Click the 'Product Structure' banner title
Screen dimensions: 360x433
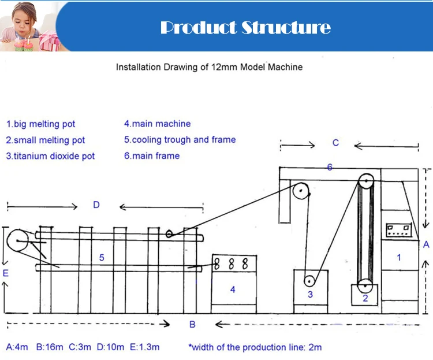click(245, 27)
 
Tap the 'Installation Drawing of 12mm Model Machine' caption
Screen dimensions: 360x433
click(209, 67)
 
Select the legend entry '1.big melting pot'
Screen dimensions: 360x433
click(41, 124)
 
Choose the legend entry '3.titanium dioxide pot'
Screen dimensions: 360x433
click(51, 156)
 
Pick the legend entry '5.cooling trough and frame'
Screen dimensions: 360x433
click(180, 140)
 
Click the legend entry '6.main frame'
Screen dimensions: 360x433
click(152, 156)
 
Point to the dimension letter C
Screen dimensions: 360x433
click(335, 143)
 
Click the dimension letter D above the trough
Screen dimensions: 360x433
click(96, 205)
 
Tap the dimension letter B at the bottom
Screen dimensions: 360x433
click(192, 325)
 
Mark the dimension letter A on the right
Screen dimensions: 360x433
click(426, 244)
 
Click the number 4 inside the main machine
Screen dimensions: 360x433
click(233, 290)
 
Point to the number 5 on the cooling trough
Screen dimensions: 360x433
click(102, 258)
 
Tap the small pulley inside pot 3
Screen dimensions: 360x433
click(309, 281)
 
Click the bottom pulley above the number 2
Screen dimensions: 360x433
click(365, 285)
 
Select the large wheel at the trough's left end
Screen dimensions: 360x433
click(18, 240)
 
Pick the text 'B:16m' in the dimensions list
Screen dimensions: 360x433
click(49, 347)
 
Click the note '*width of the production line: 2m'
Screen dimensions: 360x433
click(255, 347)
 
